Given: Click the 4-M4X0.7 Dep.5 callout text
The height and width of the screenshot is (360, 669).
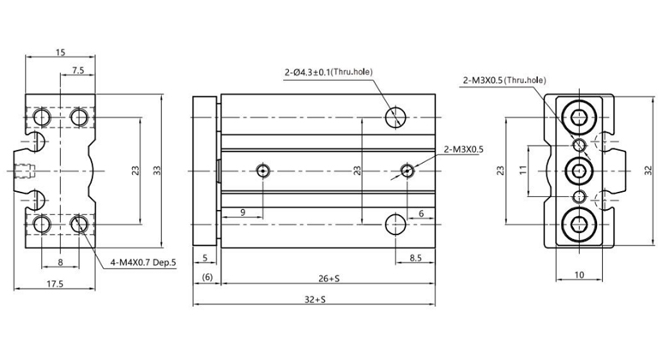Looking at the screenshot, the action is [x=143, y=263].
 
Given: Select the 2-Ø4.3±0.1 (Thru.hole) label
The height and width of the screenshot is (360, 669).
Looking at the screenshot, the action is [x=328, y=72].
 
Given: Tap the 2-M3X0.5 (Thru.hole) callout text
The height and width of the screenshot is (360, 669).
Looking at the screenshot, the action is [x=504, y=81].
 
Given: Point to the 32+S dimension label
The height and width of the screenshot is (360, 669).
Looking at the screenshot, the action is [x=315, y=299].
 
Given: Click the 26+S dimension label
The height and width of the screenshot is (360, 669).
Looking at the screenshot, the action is [x=329, y=279].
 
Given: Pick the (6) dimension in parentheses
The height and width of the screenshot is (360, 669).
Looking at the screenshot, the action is [x=207, y=277].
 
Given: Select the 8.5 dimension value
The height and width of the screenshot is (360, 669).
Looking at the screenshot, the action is [x=415, y=258].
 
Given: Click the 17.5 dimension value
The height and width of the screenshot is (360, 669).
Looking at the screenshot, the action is [x=55, y=284].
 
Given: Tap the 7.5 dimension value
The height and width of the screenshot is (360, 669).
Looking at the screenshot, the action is [x=78, y=70].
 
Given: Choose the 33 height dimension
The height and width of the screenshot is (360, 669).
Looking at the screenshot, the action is [x=158, y=171].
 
